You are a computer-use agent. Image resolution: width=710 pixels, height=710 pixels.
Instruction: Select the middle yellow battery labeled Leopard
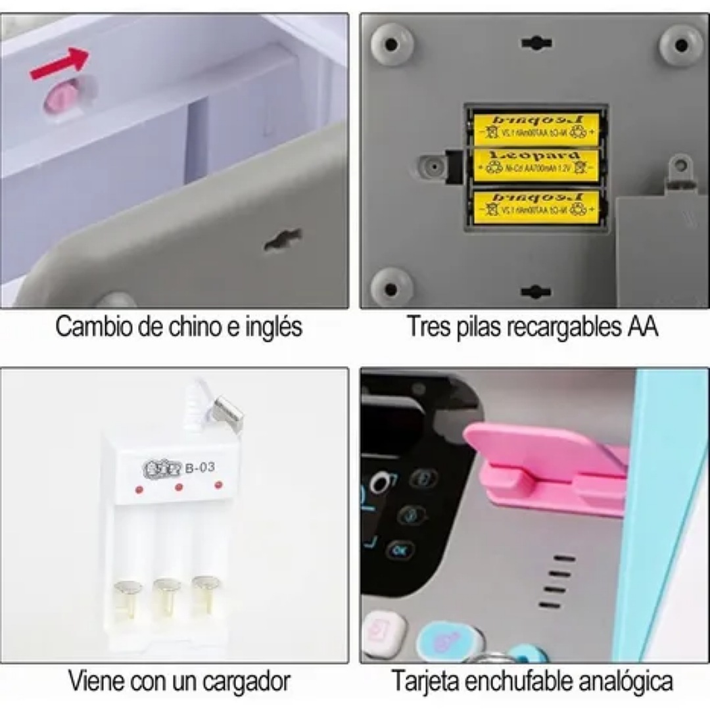pyautogui.click(x=536, y=165)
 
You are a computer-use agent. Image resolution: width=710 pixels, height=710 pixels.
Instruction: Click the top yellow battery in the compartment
pyautogui.click(x=536, y=129)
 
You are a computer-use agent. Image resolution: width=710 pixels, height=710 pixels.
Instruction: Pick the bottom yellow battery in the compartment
pyautogui.click(x=536, y=206)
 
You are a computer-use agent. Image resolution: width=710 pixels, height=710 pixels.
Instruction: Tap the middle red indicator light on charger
pyautogui.click(x=178, y=488)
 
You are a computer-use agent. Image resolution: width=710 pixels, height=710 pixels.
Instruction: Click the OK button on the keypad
pyautogui.click(x=399, y=549)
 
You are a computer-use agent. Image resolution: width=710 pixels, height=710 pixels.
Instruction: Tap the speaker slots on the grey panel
pyautogui.click(x=556, y=582)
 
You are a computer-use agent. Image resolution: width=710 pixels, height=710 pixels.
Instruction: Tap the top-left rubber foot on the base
pyautogui.click(x=392, y=44)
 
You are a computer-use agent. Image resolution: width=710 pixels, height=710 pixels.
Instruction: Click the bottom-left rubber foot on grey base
pyautogui.click(x=392, y=287)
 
